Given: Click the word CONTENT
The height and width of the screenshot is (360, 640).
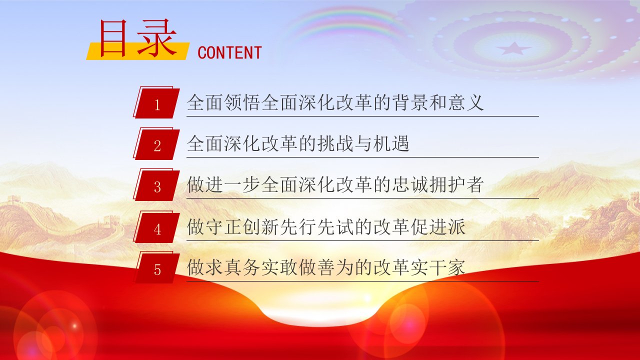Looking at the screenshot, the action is pyautogui.click(x=229, y=53).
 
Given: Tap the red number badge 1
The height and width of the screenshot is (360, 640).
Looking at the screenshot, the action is pyautogui.click(x=156, y=102).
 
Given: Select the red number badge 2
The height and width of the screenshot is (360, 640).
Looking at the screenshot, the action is pyautogui.click(x=156, y=143).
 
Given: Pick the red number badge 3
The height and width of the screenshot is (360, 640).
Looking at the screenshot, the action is pyautogui.click(x=156, y=184).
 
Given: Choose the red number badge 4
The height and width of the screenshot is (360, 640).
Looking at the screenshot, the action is pyautogui.click(x=156, y=227).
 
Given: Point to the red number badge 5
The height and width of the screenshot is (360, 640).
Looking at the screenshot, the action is pyautogui.click(x=156, y=267).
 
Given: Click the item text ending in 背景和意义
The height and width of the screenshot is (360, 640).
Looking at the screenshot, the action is pyautogui.click(x=335, y=102).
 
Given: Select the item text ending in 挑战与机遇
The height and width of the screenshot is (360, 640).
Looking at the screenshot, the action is pyautogui.click(x=298, y=143).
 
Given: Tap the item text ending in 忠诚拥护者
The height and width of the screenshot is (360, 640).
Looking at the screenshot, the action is pyautogui.click(x=335, y=184).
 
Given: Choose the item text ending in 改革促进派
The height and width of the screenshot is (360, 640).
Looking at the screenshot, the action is pyautogui.click(x=326, y=227).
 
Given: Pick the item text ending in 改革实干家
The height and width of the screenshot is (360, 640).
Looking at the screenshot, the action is pyautogui.click(x=326, y=267).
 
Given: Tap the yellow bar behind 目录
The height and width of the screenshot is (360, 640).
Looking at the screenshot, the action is pyautogui.click(x=137, y=51).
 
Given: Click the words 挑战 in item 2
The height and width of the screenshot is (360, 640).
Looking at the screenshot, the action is pyautogui.click(x=335, y=143).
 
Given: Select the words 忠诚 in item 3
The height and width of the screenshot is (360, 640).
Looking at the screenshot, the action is pyautogui.click(x=409, y=184).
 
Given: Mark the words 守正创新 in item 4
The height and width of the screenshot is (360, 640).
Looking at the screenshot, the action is pyautogui.click(x=242, y=227).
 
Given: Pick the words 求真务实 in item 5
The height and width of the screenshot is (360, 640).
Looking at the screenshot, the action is pyautogui.click(x=242, y=267).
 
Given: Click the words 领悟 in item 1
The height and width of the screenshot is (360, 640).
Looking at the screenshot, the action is pyautogui.click(x=242, y=102).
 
